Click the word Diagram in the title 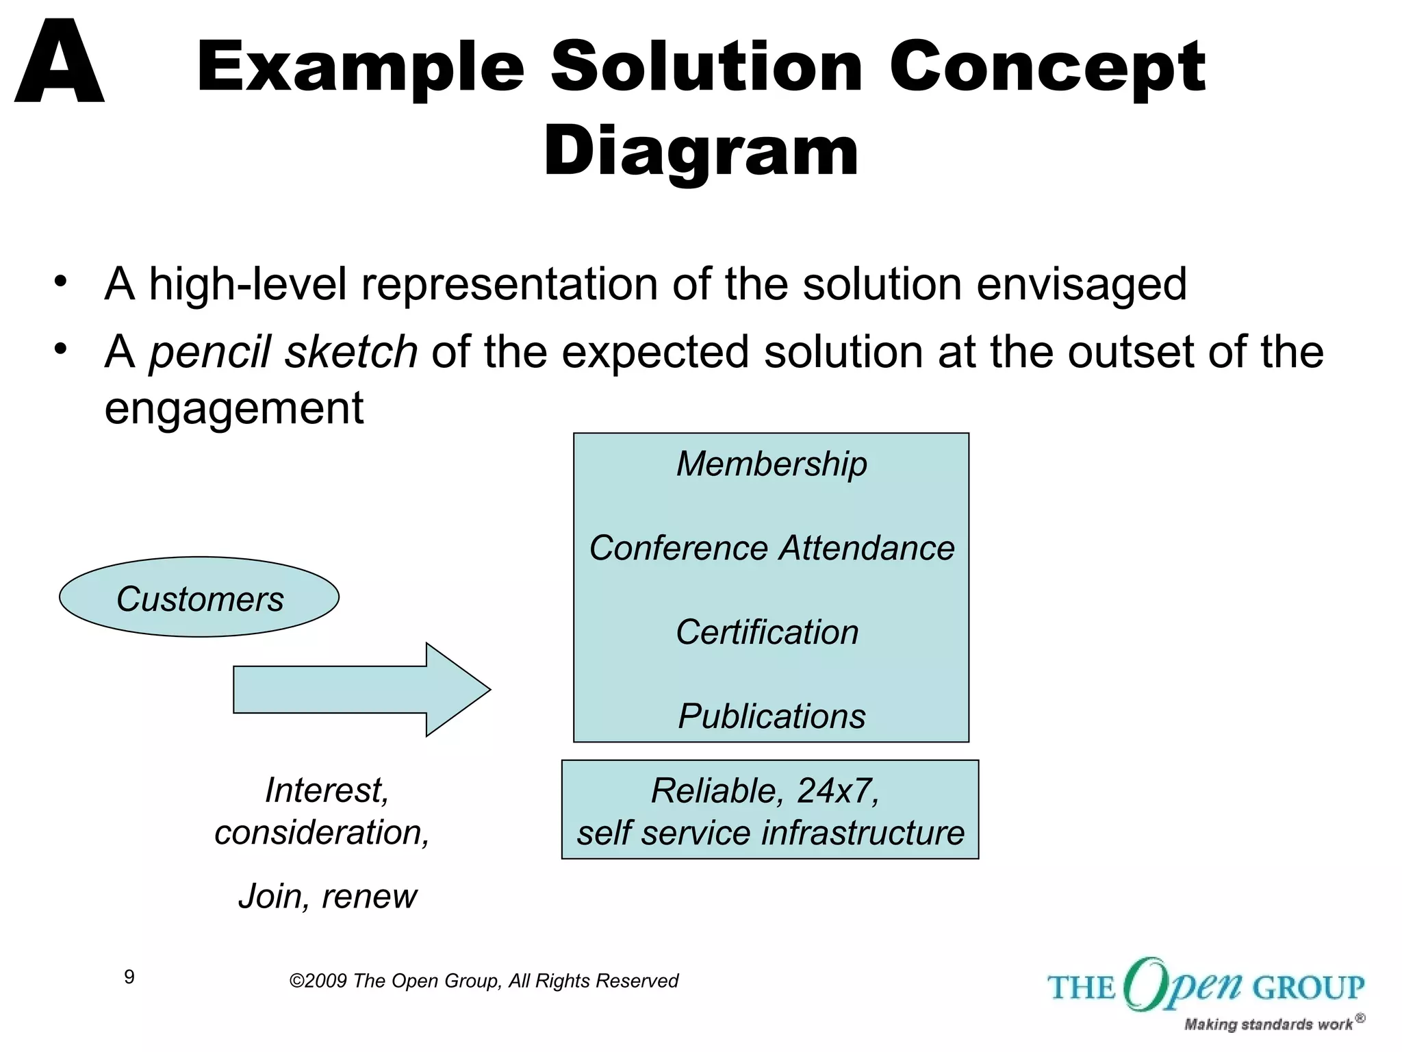click(700, 151)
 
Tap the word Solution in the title click(706, 66)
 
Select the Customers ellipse click(199, 597)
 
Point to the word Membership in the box click(772, 464)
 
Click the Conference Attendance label click(772, 548)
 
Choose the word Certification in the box click(767, 631)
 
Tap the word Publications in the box click(772, 716)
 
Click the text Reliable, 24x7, click(765, 790)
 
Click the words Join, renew click(327, 896)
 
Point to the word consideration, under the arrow click(322, 832)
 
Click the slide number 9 click(129, 977)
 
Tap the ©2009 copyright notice click(483, 981)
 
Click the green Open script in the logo click(1183, 985)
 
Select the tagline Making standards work click(1268, 1024)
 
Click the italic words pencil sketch click(283, 352)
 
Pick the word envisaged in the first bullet click(1082, 284)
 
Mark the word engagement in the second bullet click(233, 408)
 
